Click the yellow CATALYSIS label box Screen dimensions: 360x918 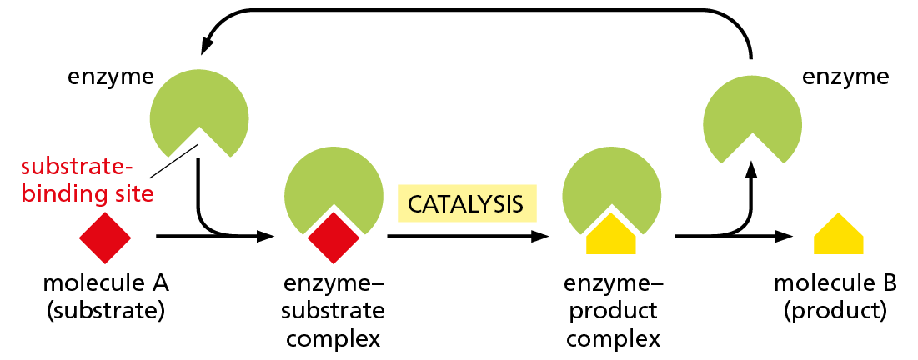[465, 202]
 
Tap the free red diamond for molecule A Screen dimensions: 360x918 [105, 237]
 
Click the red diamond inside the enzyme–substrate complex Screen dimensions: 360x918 [334, 236]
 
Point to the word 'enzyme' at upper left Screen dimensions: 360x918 [111, 77]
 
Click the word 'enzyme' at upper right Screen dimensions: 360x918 [844, 77]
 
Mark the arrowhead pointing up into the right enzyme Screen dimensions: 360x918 [751, 170]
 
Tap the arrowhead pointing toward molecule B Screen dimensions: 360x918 [784, 237]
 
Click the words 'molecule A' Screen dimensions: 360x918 [106, 284]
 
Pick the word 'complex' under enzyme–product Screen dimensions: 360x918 [612, 339]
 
